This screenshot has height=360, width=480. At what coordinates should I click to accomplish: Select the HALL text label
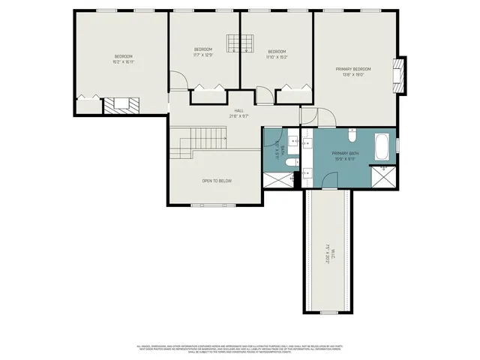coord(239,110)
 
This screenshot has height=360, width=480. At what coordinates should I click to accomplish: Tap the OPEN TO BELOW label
coord(217,181)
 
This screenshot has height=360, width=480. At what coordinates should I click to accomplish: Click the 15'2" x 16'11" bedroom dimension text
coord(124,62)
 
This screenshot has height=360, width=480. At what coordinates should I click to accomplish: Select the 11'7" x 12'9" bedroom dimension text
coord(203,55)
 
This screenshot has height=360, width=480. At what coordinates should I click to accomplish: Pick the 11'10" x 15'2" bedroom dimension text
coord(277,56)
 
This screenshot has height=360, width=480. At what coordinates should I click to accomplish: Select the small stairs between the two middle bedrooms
coord(240,43)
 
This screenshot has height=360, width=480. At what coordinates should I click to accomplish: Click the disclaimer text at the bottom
coord(240,349)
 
